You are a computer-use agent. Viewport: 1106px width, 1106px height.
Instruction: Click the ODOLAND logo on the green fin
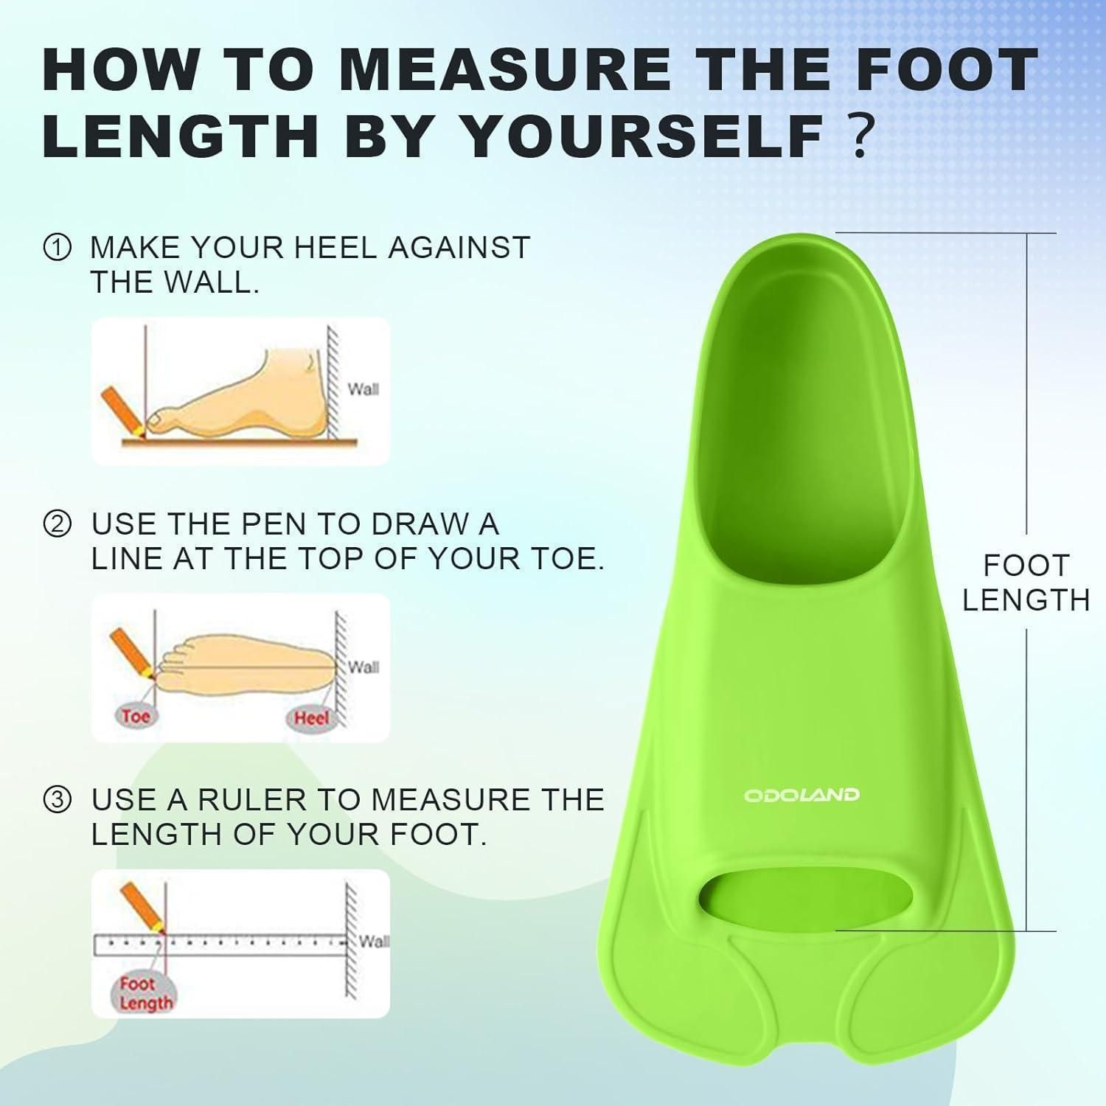(801, 795)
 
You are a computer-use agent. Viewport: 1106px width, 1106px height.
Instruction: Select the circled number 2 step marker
(58, 525)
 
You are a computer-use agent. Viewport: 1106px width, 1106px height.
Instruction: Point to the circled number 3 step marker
(58, 801)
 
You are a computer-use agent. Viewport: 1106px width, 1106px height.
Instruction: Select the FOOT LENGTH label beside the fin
(1026, 583)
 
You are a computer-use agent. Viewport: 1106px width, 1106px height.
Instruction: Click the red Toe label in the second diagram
(136, 715)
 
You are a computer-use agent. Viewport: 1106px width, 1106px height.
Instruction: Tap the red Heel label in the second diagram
(310, 717)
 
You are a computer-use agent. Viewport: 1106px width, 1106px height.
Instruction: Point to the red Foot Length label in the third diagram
(145, 992)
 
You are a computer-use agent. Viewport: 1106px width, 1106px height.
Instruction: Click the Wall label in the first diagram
(363, 389)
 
